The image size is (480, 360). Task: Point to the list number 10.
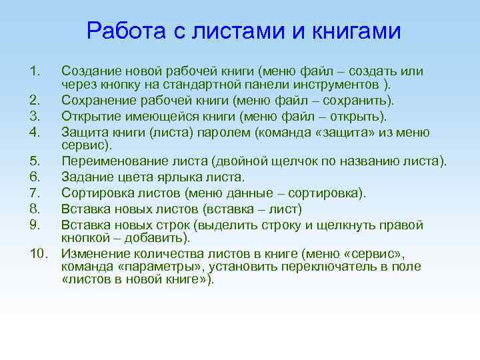pos(40,254)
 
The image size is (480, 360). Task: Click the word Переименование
pos(109,162)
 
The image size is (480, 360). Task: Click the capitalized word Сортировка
pos(96,193)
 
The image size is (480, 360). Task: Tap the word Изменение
pos(93,254)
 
